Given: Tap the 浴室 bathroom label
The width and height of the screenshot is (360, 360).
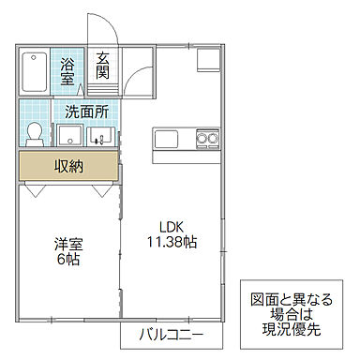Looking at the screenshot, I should tap(68, 71).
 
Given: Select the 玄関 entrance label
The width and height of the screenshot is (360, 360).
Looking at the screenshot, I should tap(103, 67).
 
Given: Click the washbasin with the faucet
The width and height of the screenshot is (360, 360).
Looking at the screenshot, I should tap(98, 137).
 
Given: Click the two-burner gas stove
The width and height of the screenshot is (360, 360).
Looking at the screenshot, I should tap(206, 140).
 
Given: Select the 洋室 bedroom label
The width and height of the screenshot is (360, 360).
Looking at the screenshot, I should tap(67, 244).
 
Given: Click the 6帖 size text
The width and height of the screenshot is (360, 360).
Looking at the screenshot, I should tap(67, 260).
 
